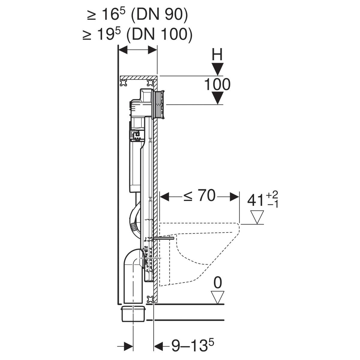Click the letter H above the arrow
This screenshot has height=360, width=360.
(217, 54)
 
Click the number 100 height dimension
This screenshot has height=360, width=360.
(217, 84)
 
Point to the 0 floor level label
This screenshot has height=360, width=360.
(217, 283)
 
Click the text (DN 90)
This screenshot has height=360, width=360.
(159, 15)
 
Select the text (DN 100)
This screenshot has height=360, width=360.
(159, 34)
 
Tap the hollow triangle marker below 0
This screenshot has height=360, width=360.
(217, 297)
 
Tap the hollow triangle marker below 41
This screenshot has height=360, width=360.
(257, 217)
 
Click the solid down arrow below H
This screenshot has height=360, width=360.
(217, 69)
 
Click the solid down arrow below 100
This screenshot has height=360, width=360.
(217, 98)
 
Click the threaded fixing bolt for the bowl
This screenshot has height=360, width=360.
(164, 238)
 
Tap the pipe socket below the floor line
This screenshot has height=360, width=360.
(133, 314)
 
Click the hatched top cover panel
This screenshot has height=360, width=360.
(138, 77)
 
